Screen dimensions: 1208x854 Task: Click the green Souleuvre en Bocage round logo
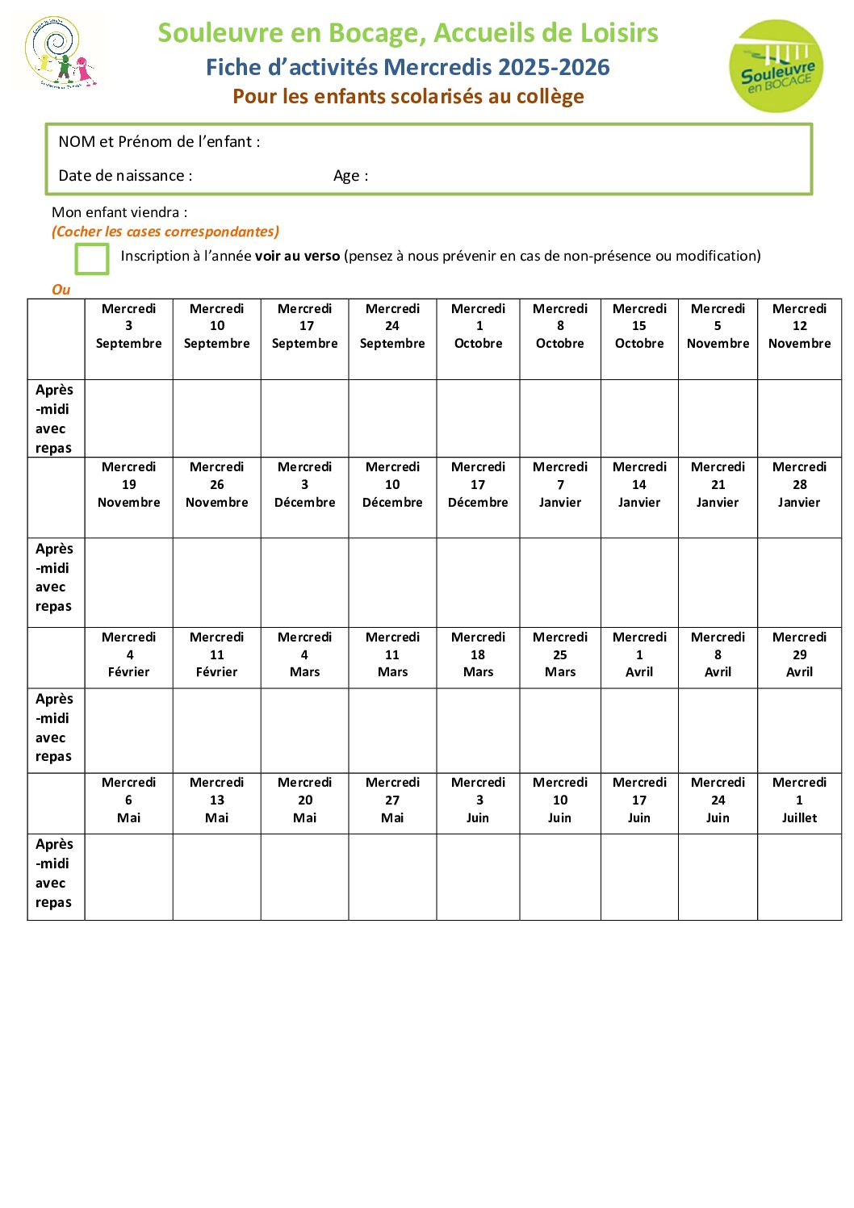pos(776,66)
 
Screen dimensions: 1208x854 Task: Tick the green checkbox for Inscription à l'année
pos(91,259)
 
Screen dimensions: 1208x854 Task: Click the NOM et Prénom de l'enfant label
pos(159,142)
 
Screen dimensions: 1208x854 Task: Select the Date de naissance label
pos(125,176)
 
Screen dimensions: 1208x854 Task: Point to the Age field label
pos(350,176)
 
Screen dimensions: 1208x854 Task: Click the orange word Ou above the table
pos(61,290)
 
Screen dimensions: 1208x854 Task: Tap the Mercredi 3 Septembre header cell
pos(129,327)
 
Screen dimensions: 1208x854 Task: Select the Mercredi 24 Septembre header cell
pos(392,327)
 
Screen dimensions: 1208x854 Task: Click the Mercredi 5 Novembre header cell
pos(718,327)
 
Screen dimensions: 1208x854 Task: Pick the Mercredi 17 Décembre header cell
pos(478,485)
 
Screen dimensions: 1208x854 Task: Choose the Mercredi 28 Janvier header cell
pos(799,485)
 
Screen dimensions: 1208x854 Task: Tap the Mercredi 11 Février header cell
pos(217,654)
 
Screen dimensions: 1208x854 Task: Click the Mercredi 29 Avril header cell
pos(799,654)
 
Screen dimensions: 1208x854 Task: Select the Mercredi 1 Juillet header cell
pos(799,800)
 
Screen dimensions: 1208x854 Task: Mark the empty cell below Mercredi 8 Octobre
pos(560,418)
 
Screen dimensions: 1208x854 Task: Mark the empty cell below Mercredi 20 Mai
pos(305,876)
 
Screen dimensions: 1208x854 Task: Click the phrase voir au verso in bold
pos(297,257)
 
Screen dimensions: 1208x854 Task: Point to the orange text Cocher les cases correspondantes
pos(165,232)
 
